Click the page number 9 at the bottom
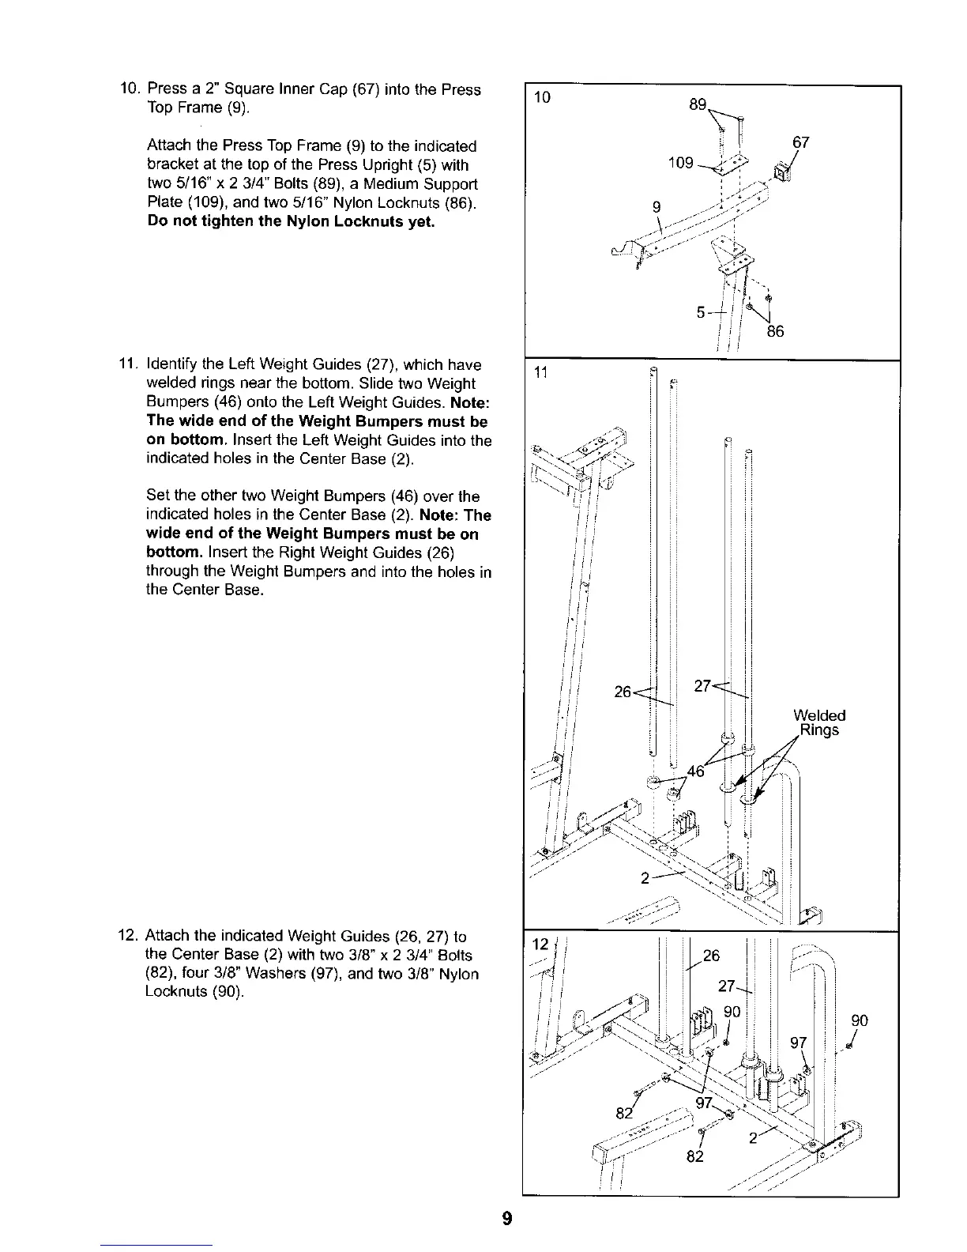tap(507, 1218)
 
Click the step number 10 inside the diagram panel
tap(542, 99)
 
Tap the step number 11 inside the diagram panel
tap(541, 373)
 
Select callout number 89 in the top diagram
tap(698, 104)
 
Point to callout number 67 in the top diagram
tap(801, 143)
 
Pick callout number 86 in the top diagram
tap(775, 331)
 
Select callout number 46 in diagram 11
tap(695, 771)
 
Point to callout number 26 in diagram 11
tap(623, 692)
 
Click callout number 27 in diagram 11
tap(702, 686)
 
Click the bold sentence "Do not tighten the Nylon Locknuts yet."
tap(291, 221)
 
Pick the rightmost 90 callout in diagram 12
tap(860, 1020)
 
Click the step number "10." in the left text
tap(128, 89)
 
